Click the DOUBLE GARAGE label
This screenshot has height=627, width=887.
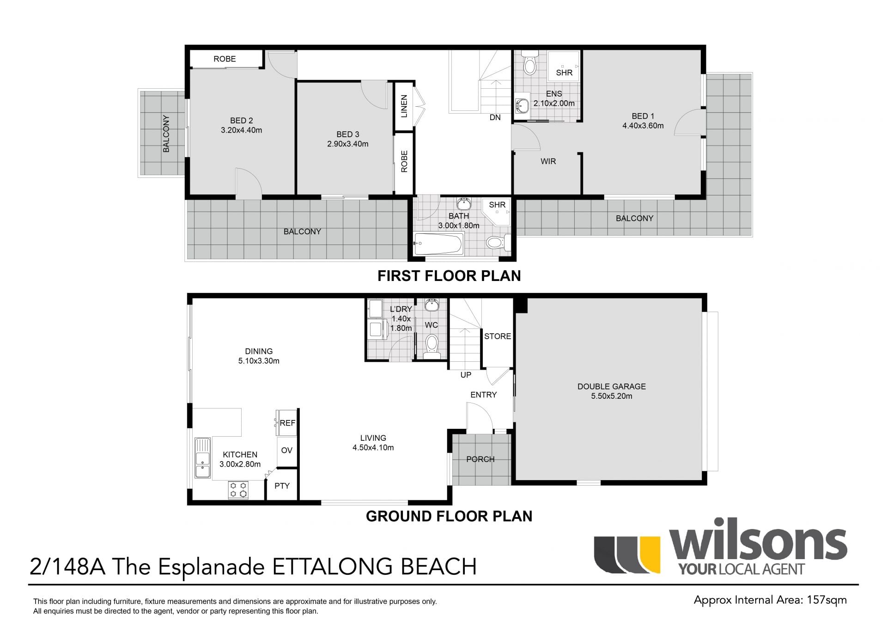click(611, 386)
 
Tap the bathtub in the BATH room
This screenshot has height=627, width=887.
click(438, 243)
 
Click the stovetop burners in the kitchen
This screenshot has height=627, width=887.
click(238, 490)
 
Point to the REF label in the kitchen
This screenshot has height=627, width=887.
click(287, 423)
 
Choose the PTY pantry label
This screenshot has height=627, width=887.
click(282, 486)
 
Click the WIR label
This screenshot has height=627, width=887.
click(548, 161)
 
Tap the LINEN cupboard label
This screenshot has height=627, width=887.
click(404, 106)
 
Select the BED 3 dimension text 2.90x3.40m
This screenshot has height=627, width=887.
click(347, 144)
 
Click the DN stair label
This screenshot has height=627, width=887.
click(495, 117)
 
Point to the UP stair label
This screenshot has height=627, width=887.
click(466, 375)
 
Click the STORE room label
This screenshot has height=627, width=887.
click(498, 336)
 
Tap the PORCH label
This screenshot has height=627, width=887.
click(480, 459)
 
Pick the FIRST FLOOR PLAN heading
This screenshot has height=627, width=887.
click(449, 276)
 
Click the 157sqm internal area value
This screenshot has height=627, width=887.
click(826, 600)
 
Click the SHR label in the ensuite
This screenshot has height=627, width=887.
click(564, 73)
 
